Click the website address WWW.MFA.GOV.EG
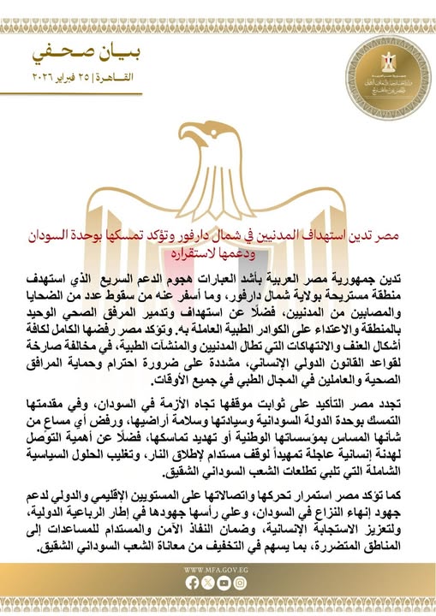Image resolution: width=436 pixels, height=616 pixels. (x=218, y=568)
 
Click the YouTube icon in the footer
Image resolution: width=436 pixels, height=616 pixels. (x=225, y=582)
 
